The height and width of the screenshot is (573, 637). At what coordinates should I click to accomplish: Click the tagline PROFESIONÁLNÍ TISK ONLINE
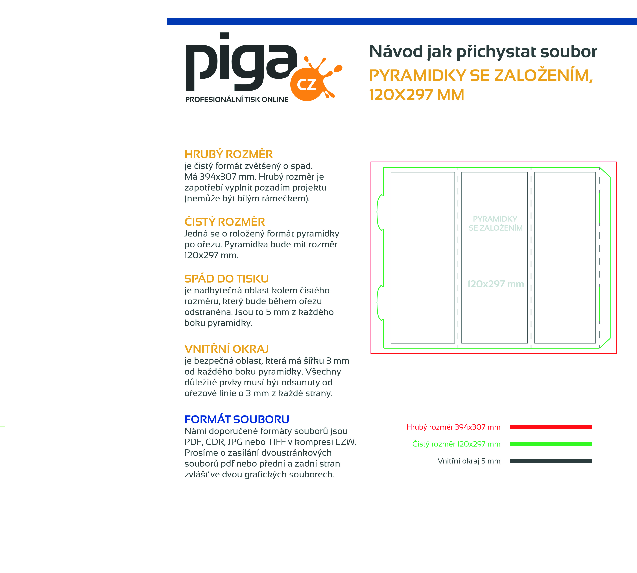[237, 99]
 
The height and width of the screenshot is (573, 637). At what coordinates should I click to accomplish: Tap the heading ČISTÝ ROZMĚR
[224, 222]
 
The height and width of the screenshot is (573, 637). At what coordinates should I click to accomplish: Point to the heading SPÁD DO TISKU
[226, 279]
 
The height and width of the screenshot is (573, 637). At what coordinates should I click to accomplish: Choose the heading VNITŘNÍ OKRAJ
[227, 349]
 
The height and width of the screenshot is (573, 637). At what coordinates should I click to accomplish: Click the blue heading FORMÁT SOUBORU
[237, 419]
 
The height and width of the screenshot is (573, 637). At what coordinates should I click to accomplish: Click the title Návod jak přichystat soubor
[483, 52]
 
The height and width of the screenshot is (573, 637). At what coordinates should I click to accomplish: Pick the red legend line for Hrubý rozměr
[551, 427]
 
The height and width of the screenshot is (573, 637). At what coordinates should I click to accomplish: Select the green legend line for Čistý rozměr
[551, 444]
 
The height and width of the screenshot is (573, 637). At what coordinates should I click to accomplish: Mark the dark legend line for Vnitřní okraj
[551, 461]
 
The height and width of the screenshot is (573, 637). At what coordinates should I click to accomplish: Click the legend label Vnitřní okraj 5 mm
[469, 461]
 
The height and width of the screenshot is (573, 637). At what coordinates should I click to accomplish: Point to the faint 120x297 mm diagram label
[495, 284]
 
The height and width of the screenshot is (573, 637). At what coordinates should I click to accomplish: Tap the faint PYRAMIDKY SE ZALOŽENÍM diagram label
[495, 223]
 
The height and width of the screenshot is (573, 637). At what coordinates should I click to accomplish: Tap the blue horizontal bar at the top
[402, 21]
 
